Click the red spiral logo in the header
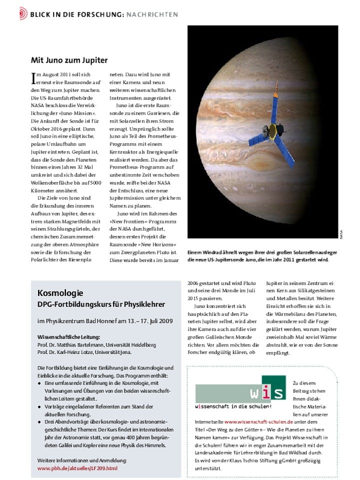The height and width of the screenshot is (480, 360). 23,13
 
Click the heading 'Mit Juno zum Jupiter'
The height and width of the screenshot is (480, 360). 69,60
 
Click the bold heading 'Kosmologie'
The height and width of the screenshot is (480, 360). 60,293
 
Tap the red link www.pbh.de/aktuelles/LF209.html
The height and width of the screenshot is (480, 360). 77,468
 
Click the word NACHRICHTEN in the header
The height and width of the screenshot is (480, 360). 152,14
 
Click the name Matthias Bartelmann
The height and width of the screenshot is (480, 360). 78,344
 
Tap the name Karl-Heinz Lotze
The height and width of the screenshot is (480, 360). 82,352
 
